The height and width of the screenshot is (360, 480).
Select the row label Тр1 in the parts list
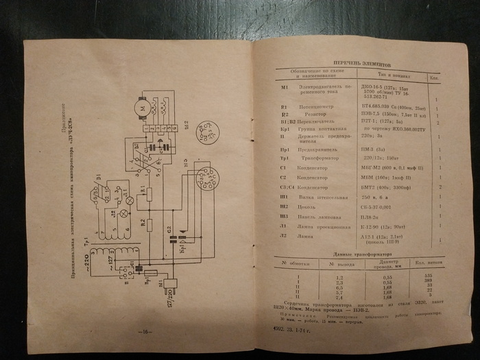point(283,156)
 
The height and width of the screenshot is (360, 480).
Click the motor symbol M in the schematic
point(143,107)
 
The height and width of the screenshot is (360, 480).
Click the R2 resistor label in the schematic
point(143,222)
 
